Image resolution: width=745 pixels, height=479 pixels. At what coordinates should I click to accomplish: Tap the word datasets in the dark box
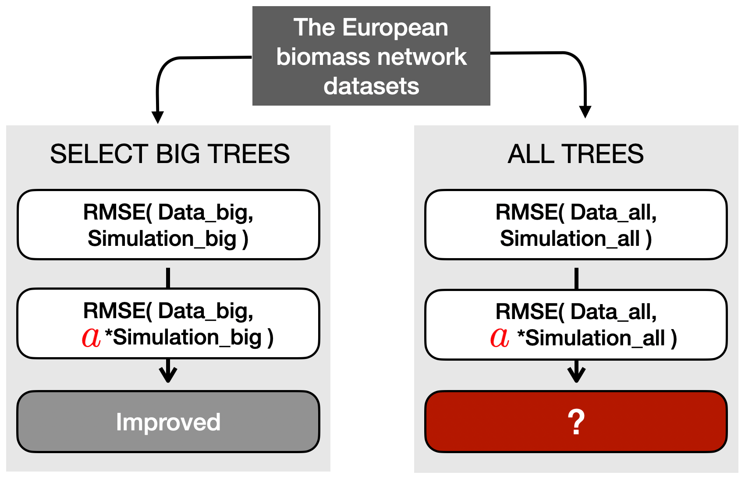click(x=371, y=86)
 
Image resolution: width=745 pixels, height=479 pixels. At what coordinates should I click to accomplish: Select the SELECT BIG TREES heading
click(x=170, y=154)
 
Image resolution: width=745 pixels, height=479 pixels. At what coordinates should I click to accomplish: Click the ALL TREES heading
click(x=575, y=154)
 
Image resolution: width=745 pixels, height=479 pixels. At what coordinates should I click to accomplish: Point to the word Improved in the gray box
click(x=168, y=422)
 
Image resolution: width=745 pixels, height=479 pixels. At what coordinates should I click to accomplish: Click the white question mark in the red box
click(x=576, y=422)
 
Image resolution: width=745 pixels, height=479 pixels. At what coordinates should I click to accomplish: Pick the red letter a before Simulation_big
click(x=91, y=337)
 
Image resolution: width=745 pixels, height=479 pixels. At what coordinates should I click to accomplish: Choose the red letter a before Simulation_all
click(x=500, y=338)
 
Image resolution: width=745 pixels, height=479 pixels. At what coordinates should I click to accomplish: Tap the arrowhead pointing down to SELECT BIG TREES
click(x=157, y=117)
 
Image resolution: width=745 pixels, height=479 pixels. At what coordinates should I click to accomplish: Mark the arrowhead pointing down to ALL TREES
click(x=585, y=112)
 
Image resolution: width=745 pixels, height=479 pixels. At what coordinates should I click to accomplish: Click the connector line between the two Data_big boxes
click(x=168, y=277)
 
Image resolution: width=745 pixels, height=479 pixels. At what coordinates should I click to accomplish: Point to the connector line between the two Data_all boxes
click(x=576, y=278)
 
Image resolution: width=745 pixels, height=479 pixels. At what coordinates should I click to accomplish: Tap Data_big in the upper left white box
click(x=205, y=213)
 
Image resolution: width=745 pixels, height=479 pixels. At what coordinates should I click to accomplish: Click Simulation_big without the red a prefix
click(x=162, y=239)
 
